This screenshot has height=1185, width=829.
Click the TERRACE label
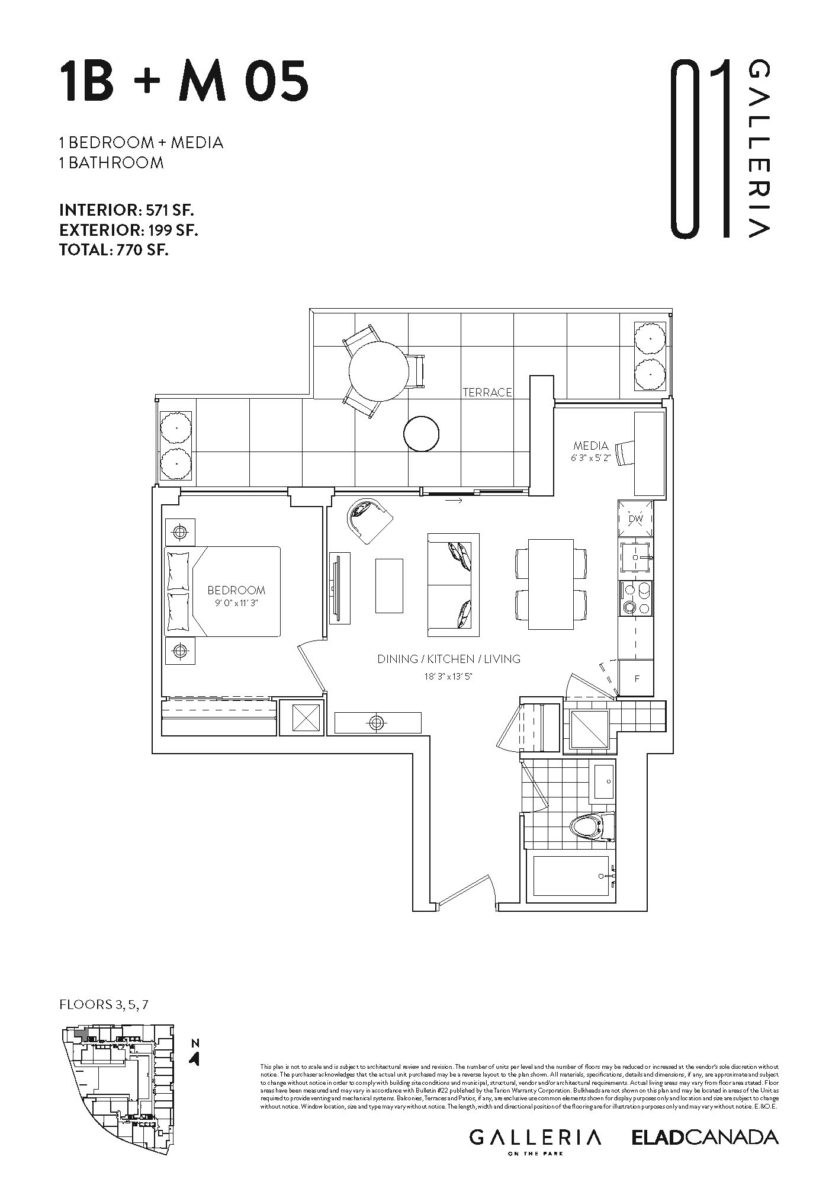(487, 392)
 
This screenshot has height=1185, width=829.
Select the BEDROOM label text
(236, 590)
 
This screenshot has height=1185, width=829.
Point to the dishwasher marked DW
(635, 519)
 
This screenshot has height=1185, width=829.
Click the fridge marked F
(637, 679)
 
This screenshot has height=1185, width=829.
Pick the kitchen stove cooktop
(636, 598)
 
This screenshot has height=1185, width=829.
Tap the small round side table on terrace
(422, 434)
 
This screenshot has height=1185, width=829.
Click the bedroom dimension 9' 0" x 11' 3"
(236, 603)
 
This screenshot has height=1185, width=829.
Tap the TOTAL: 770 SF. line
(114, 250)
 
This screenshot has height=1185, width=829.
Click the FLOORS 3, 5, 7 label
(107, 1004)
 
